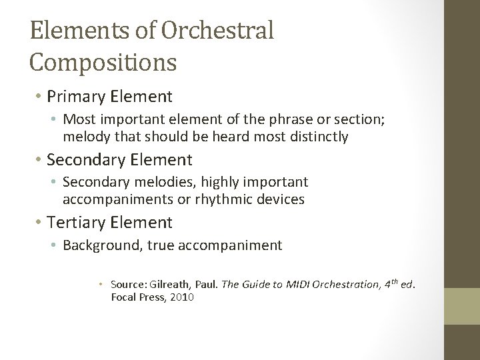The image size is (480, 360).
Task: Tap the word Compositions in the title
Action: [x=103, y=62]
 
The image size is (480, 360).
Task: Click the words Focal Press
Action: [x=137, y=297]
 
